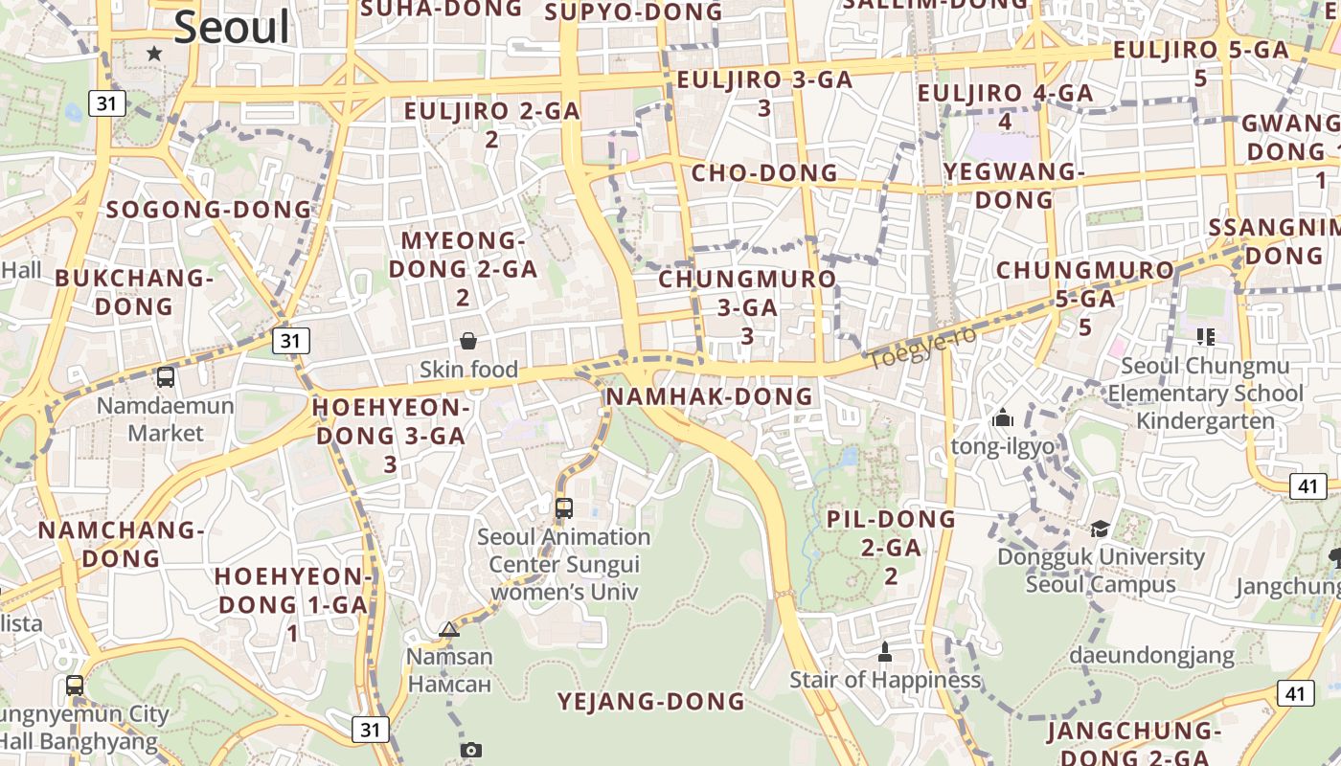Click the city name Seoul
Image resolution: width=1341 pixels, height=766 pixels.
231,27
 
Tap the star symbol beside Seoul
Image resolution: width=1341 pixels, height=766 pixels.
154,53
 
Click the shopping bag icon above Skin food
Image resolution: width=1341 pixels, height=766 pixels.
468,340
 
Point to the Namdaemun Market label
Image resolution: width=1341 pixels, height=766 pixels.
166,418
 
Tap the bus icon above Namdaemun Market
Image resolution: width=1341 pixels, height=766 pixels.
166,376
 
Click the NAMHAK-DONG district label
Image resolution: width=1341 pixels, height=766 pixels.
710,396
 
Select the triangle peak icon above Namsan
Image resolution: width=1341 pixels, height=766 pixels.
448,629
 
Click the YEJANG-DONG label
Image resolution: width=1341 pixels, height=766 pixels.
651,702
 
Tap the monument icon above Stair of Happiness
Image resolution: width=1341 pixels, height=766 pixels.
884,652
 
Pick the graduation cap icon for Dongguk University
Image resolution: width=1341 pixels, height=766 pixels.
1100,529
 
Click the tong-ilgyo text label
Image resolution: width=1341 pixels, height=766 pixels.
1002,446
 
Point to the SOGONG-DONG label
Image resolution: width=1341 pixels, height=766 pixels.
209,210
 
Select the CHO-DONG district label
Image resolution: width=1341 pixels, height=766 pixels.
764,173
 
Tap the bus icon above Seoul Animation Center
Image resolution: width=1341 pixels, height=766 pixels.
564,507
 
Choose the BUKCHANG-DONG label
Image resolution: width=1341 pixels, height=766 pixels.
134,292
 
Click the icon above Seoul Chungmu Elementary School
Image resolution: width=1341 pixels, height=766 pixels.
1205,337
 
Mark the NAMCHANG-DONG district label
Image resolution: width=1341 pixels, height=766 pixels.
122,544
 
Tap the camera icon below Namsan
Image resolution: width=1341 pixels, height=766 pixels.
469,750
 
